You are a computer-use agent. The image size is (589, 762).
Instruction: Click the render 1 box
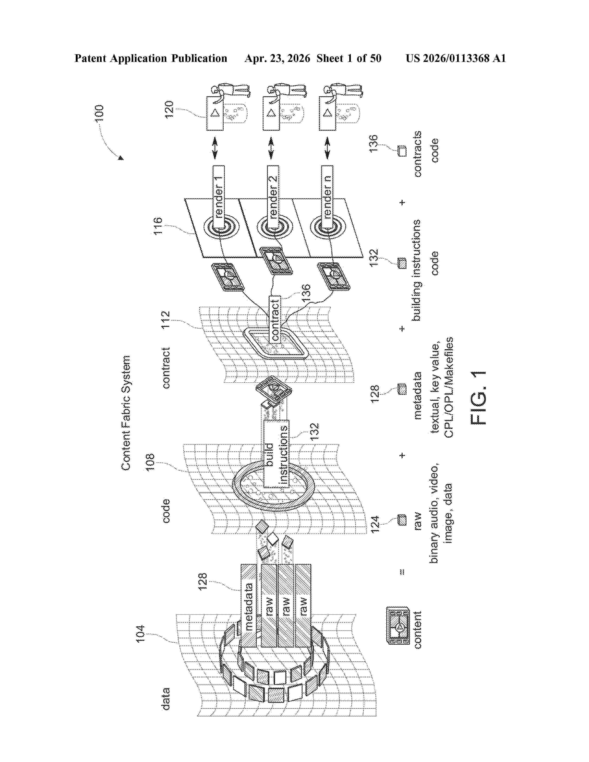pos(219,197)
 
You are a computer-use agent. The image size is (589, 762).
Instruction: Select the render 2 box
pos(273,197)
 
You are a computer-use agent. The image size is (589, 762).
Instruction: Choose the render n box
pos(327,197)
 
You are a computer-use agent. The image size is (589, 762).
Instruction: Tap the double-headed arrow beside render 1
pos(215,148)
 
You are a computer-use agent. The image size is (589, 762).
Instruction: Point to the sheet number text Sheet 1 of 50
pos(349,58)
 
